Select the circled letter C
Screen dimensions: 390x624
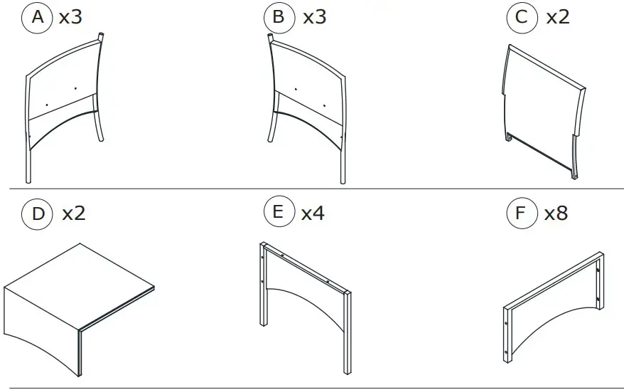click(x=521, y=17)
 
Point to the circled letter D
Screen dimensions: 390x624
click(x=38, y=213)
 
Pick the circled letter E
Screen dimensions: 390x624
click(x=278, y=213)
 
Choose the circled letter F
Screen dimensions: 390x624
click(x=521, y=213)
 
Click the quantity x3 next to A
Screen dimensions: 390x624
click(x=71, y=17)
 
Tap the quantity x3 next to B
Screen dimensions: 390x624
click(x=314, y=17)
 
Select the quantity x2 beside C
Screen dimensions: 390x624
click(x=557, y=17)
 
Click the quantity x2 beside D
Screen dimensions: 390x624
click(x=74, y=213)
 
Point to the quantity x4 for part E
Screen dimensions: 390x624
click(x=313, y=213)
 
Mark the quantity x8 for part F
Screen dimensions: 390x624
click(x=556, y=213)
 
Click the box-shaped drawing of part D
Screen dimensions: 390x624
click(x=78, y=299)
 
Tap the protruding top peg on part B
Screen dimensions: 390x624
click(x=270, y=37)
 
